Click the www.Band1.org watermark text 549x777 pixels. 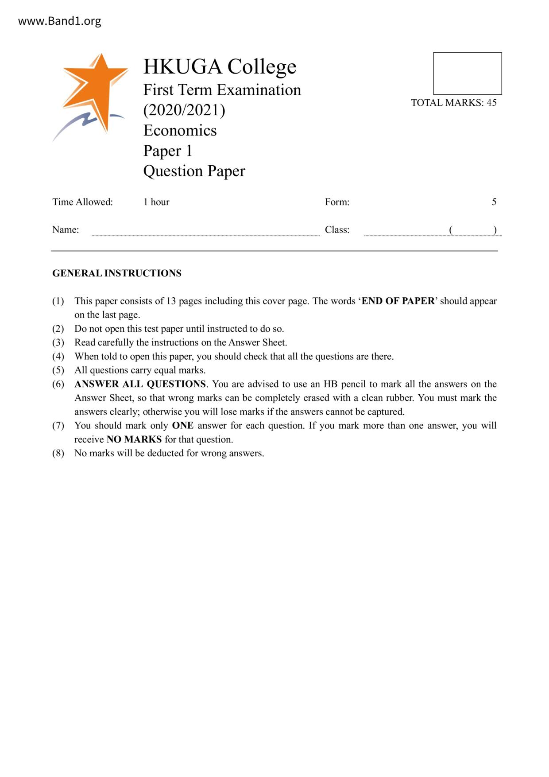(x=59, y=21)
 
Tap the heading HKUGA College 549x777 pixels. (x=220, y=66)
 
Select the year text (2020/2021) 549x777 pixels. (x=184, y=110)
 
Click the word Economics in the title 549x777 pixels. (x=180, y=130)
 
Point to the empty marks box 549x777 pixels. (x=467, y=74)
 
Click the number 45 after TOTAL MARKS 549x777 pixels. (x=491, y=103)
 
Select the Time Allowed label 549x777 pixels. (x=82, y=202)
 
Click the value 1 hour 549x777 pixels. (x=156, y=202)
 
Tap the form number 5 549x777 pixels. (x=494, y=202)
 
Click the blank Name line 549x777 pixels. (x=205, y=231)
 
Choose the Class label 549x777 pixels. (x=337, y=230)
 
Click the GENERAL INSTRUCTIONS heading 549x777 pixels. (x=117, y=273)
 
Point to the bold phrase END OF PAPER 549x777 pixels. (x=398, y=301)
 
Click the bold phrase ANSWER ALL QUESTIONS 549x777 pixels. (x=140, y=384)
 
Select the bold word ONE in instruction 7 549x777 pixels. (x=182, y=426)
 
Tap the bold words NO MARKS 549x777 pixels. (x=134, y=439)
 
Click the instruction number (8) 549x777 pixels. (x=58, y=453)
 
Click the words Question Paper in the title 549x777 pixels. (x=194, y=171)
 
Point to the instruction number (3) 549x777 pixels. (x=58, y=342)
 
